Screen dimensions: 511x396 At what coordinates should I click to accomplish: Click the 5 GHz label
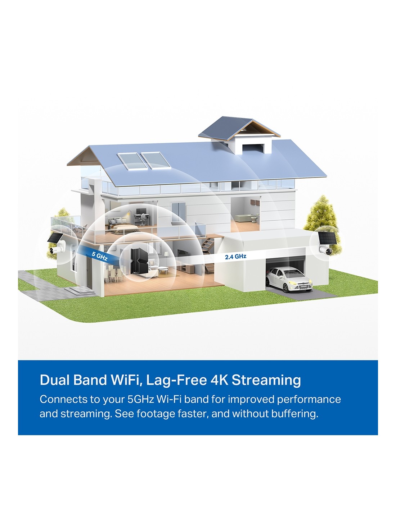click(x=99, y=256)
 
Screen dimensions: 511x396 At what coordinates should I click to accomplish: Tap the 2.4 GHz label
click(x=235, y=257)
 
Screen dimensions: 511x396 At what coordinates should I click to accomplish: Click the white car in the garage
click(x=288, y=279)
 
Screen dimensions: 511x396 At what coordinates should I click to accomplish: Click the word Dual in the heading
click(x=55, y=380)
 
